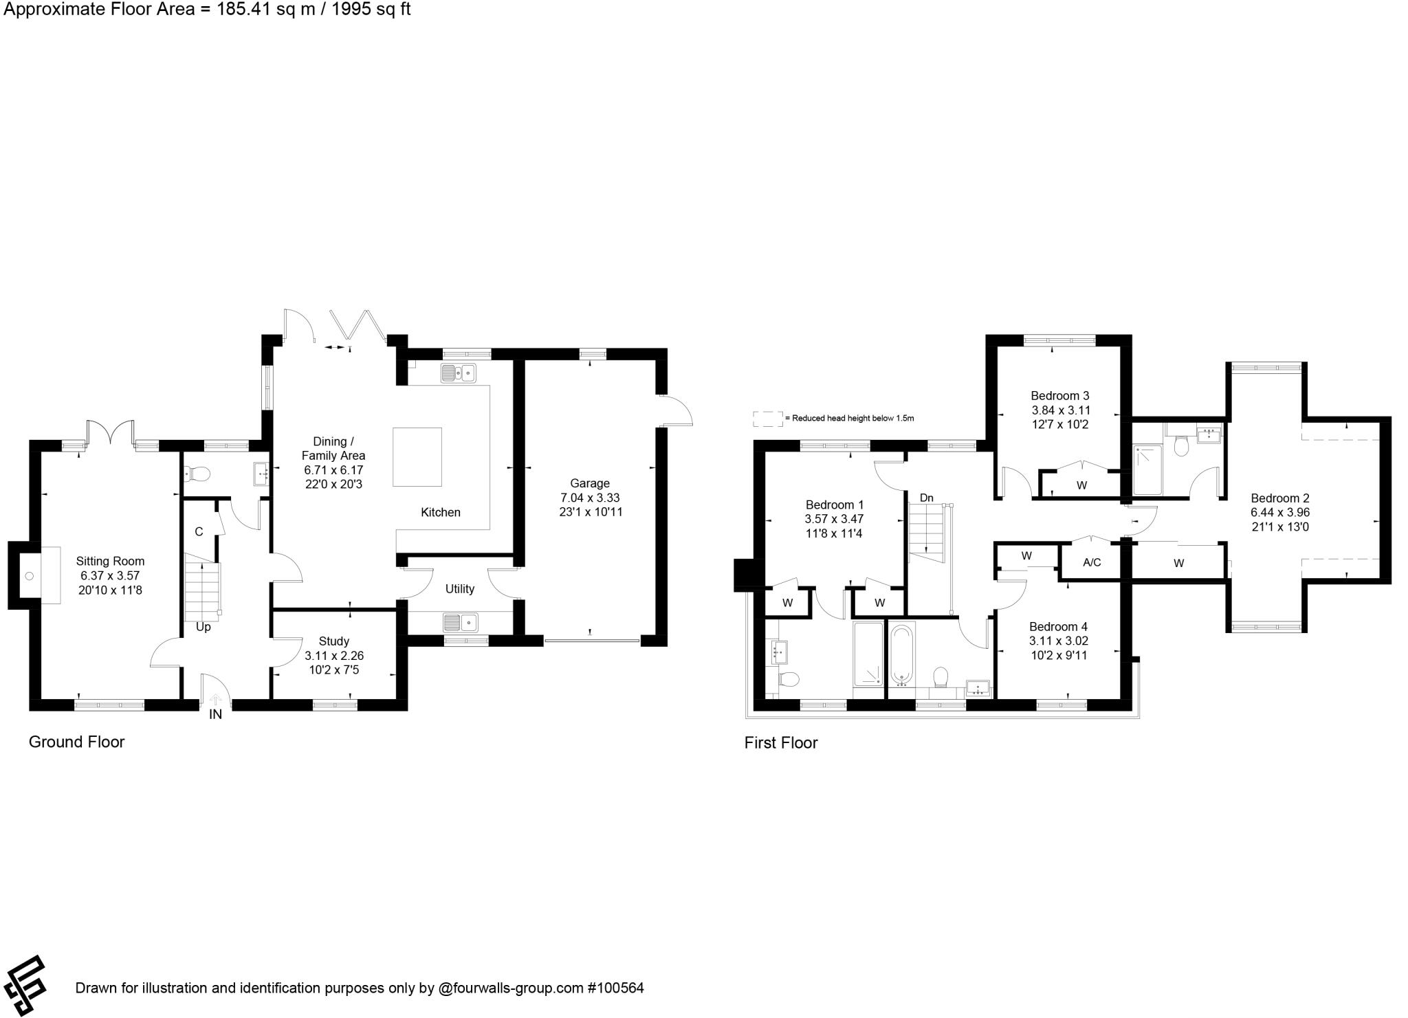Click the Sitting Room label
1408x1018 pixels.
point(110,561)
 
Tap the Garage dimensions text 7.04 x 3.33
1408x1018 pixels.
point(589,497)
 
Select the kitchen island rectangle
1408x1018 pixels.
point(417,457)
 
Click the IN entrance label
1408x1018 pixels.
point(215,715)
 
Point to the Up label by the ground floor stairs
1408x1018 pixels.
point(203,627)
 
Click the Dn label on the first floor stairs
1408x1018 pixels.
point(926,498)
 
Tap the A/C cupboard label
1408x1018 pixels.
point(1092,562)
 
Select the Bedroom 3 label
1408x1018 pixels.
point(1059,395)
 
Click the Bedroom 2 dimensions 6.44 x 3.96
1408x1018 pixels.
point(1279,512)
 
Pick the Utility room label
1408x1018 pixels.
point(459,588)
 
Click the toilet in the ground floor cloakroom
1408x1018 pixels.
point(198,474)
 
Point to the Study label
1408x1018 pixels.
point(333,641)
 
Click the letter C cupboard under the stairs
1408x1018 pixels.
point(199,531)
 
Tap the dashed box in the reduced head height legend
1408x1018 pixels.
point(767,419)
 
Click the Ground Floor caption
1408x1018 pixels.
point(76,742)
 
